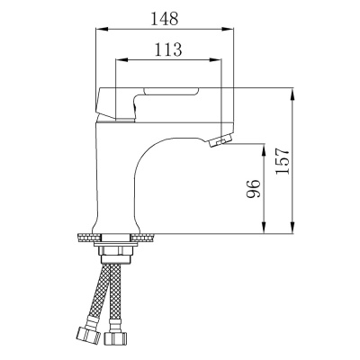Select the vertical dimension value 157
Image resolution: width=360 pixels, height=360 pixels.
tap(283, 161)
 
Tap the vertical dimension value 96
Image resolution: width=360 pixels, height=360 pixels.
tap(253, 188)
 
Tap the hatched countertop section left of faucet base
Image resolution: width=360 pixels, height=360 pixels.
tap(86, 237)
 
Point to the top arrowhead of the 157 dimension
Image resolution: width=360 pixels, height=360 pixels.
tap(293, 93)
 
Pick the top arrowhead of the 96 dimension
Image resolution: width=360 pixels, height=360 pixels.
tap(264, 145)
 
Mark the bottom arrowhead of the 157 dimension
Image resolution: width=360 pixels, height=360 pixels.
tap(293, 229)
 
